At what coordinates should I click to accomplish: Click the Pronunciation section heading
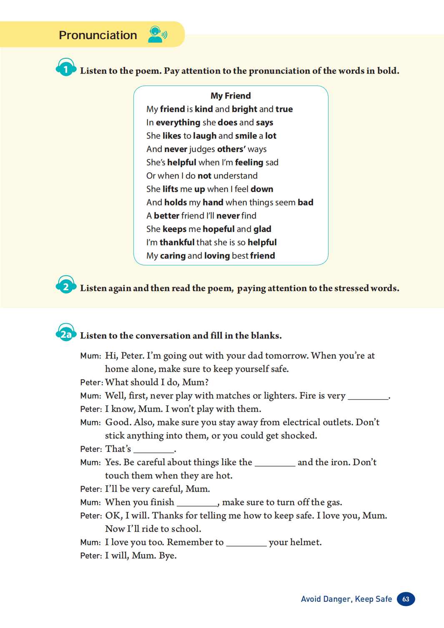pyautogui.click(x=98, y=35)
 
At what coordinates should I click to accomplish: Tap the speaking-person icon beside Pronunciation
pyautogui.click(x=157, y=35)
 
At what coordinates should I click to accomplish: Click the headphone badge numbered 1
pyautogui.click(x=66, y=68)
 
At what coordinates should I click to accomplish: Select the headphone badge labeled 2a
pyautogui.click(x=66, y=333)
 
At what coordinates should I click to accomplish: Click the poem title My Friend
pyautogui.click(x=231, y=96)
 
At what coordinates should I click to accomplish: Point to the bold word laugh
pyautogui.click(x=205, y=136)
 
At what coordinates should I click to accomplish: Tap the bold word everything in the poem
pyautogui.click(x=178, y=122)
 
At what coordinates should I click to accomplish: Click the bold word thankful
pyautogui.click(x=177, y=242)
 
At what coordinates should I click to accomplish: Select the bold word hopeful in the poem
pyautogui.click(x=219, y=229)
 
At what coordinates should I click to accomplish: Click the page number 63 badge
pyautogui.click(x=406, y=599)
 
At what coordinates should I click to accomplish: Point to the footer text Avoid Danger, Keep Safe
pyautogui.click(x=346, y=599)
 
